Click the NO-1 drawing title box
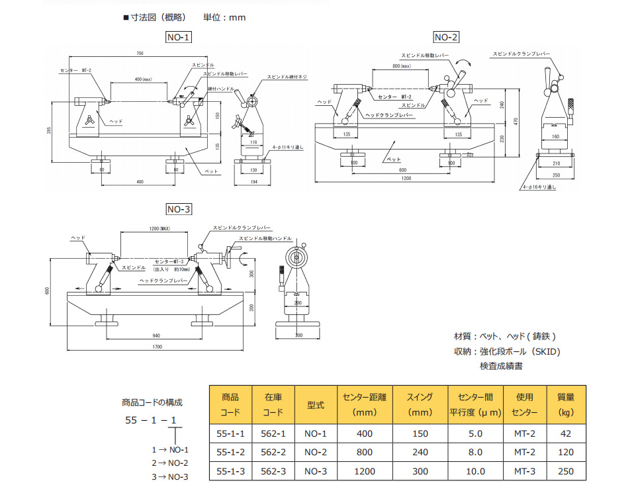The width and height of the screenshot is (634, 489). [x=178, y=38]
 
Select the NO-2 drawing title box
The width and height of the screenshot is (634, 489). [x=446, y=38]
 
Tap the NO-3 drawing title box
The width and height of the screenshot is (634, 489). [x=178, y=210]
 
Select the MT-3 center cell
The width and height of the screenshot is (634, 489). [x=524, y=471]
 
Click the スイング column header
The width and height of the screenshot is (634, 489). [x=420, y=404]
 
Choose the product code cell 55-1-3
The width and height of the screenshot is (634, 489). [x=231, y=471]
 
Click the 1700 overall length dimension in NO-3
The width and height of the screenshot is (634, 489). [x=158, y=345]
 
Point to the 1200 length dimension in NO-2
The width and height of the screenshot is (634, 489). [x=405, y=179]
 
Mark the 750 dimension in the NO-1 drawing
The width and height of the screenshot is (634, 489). [x=140, y=53]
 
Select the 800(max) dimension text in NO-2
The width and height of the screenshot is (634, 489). [x=402, y=67]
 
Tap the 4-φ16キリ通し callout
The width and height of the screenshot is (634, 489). [x=540, y=187]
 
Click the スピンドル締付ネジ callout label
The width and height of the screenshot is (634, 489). [x=287, y=77]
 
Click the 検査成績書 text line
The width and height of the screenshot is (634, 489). [x=501, y=366]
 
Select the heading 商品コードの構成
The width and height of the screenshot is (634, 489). [x=152, y=402]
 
